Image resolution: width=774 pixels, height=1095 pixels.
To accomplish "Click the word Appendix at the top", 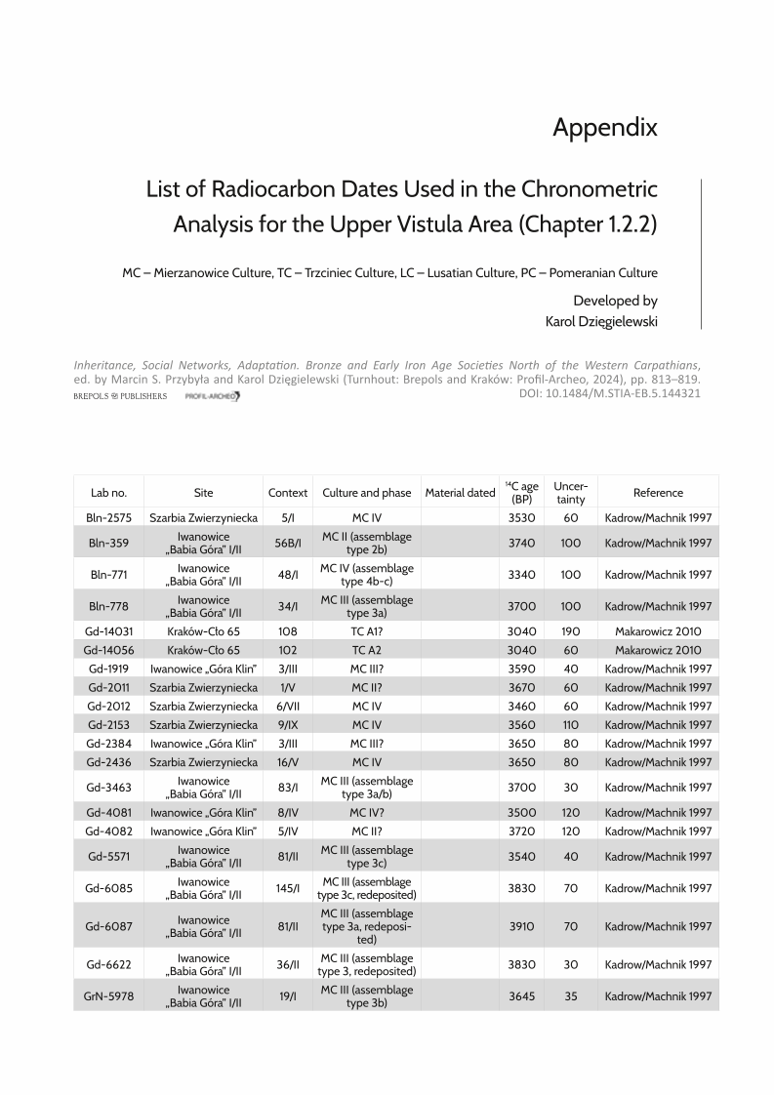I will [x=605, y=127].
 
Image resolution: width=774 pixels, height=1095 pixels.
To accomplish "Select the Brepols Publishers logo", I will [x=120, y=396].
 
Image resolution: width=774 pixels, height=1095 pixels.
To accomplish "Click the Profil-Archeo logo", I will [x=212, y=396].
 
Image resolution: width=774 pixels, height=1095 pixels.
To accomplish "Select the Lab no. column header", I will [x=108, y=493].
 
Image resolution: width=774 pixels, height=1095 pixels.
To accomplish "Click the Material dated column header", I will [x=461, y=493].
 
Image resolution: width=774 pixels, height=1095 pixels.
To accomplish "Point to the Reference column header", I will [x=658, y=493].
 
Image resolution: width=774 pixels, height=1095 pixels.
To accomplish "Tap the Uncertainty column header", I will [x=570, y=492].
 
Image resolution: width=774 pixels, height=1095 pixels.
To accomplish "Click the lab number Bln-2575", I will [x=108, y=518].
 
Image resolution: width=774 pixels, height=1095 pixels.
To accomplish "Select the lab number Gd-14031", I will [x=108, y=631].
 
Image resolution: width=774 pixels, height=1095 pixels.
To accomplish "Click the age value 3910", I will [x=522, y=926].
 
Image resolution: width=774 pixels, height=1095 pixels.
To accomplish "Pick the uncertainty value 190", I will [x=570, y=631].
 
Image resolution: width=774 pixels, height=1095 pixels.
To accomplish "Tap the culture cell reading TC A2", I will [x=366, y=650].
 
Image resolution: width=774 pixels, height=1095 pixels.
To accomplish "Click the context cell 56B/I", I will [x=287, y=543].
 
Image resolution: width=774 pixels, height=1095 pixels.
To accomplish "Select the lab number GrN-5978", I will [x=108, y=995].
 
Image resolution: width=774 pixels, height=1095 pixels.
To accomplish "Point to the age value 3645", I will [x=522, y=995].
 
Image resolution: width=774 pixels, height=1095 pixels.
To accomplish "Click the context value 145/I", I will [x=287, y=888].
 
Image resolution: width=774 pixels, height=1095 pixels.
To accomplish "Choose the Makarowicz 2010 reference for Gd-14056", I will [x=658, y=650].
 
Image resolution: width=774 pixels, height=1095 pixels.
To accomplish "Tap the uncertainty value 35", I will [x=570, y=995].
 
